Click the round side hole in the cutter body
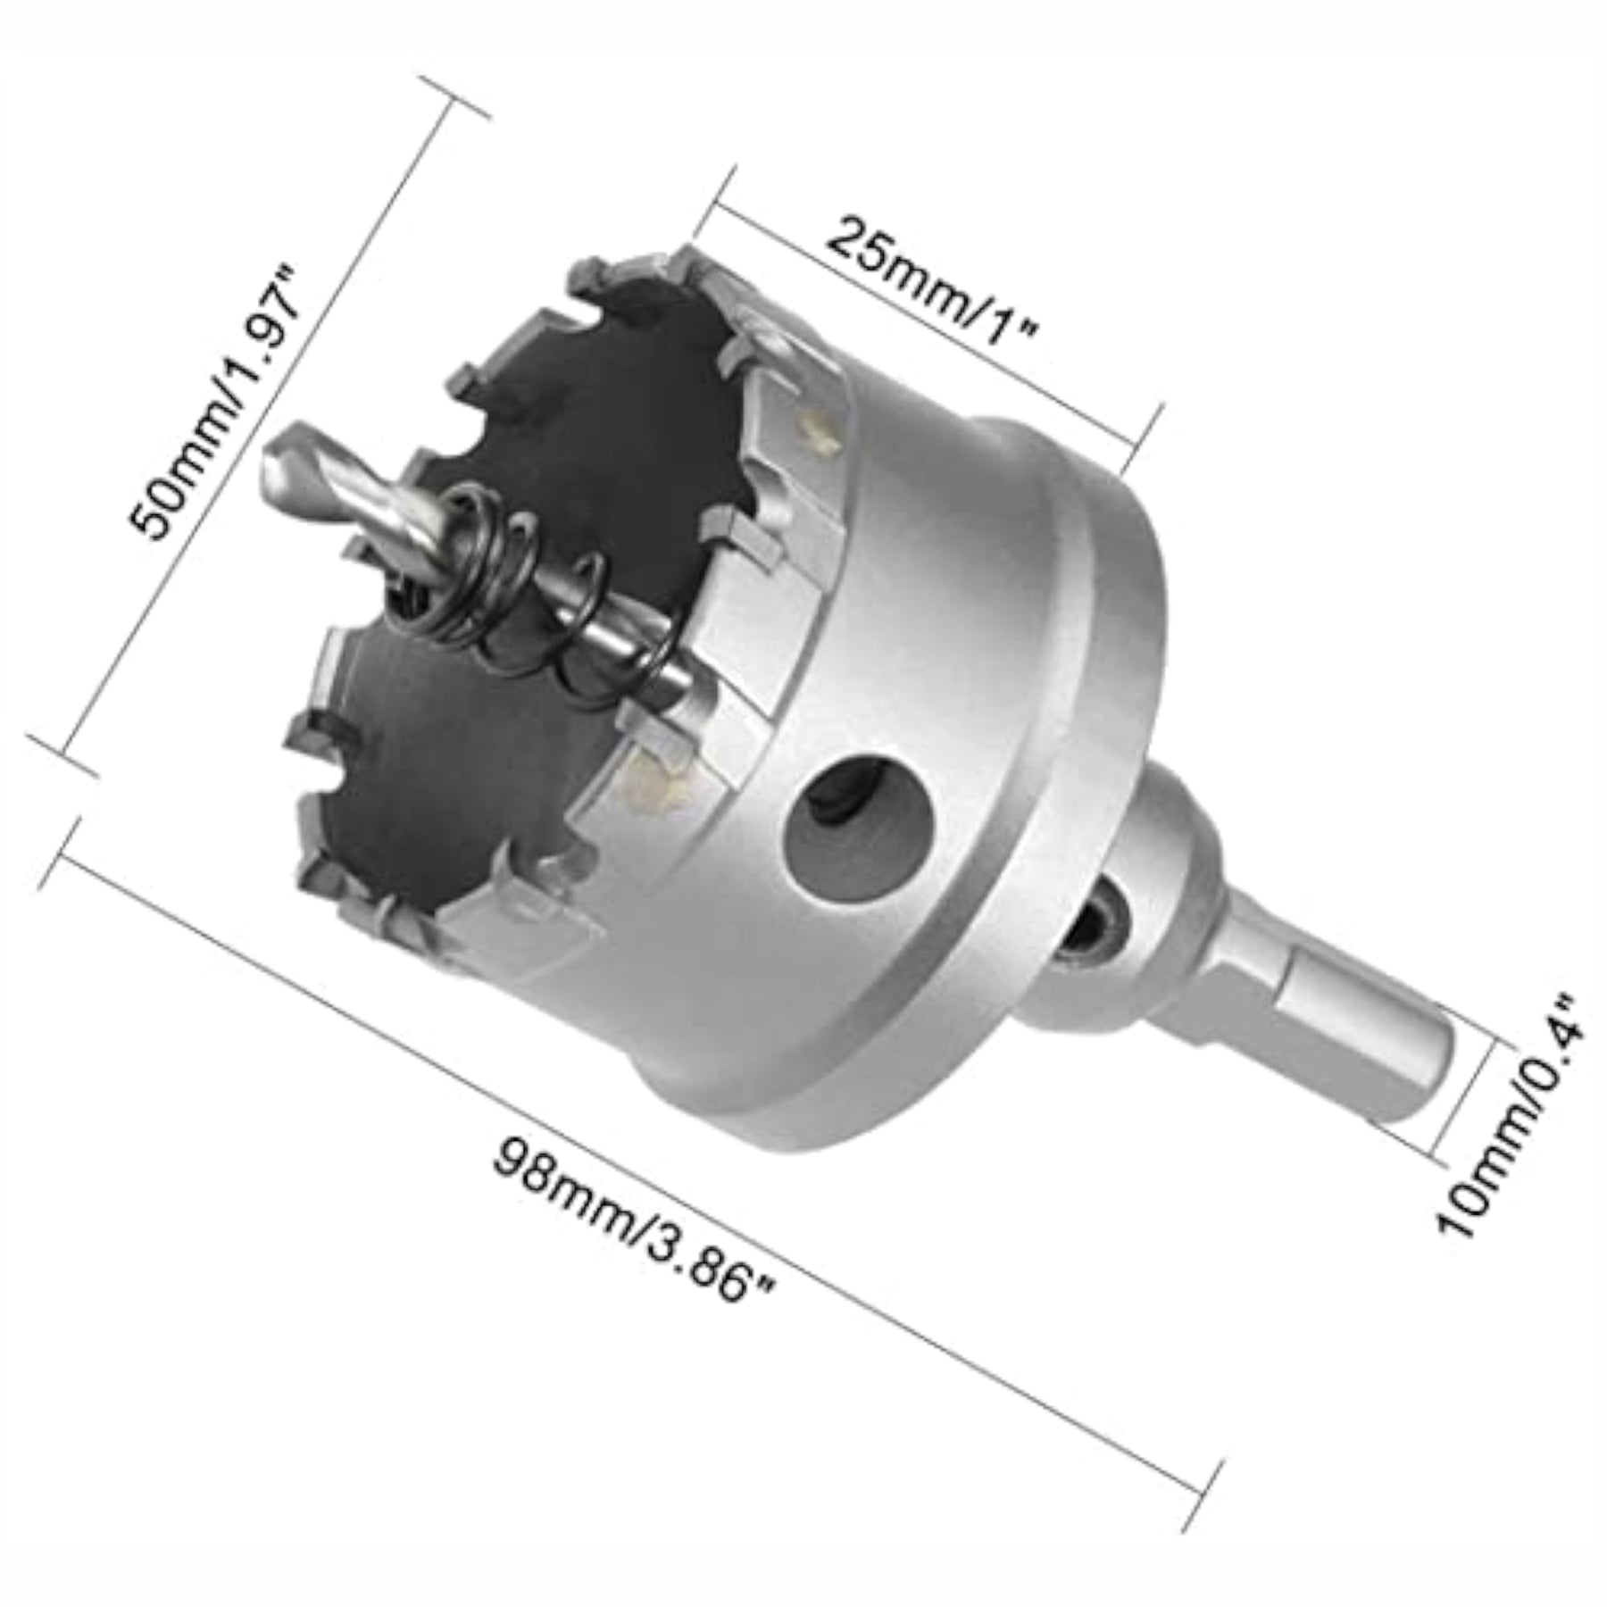pos(849,819)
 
